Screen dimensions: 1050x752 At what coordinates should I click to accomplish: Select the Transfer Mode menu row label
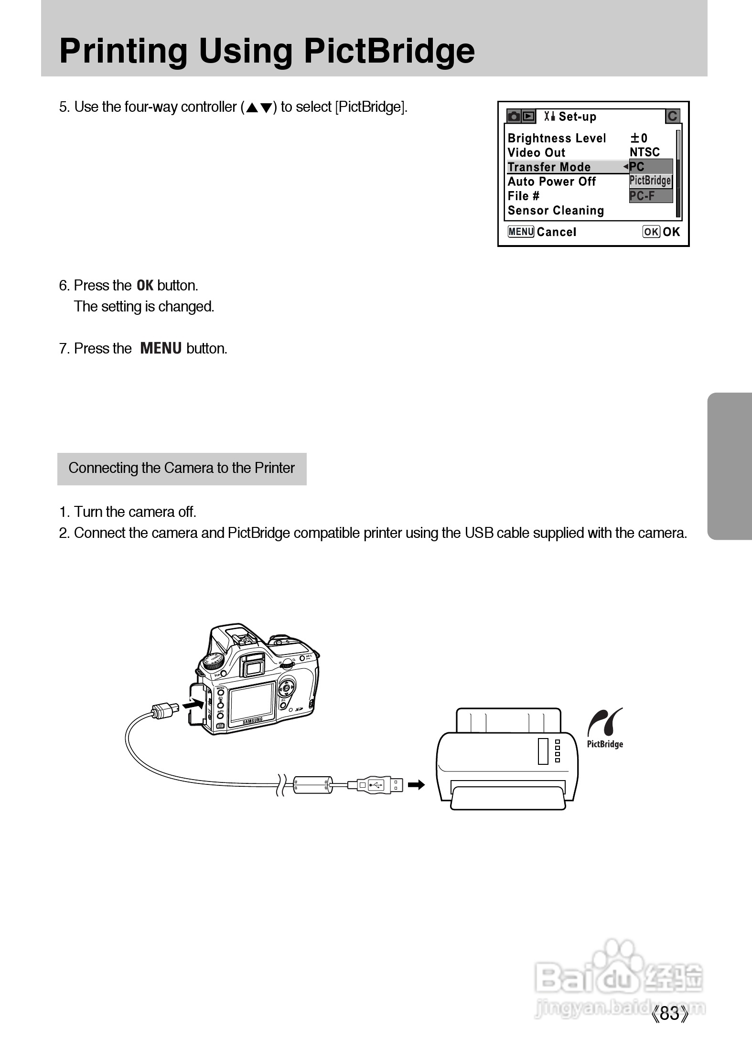click(549, 167)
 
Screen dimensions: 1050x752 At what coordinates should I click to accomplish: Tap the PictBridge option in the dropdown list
click(650, 181)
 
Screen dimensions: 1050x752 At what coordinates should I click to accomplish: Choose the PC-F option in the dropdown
click(643, 196)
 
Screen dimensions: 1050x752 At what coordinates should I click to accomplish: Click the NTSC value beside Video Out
click(645, 152)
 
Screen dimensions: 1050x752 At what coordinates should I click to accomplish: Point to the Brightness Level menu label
click(557, 138)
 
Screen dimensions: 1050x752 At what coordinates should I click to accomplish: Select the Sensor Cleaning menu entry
click(556, 211)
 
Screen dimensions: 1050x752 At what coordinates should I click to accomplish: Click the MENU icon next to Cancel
click(520, 232)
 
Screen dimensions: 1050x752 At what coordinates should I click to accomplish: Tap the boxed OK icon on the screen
click(651, 232)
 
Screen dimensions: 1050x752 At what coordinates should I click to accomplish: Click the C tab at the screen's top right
click(672, 116)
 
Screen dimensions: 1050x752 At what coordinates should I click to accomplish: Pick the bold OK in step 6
click(145, 286)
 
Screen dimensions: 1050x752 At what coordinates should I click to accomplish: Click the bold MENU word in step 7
click(161, 348)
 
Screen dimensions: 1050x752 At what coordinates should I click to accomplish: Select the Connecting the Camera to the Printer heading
click(182, 468)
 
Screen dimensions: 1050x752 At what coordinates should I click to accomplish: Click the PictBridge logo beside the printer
click(605, 728)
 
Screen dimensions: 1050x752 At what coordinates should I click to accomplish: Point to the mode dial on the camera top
click(214, 661)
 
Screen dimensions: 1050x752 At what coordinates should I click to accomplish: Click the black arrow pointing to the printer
click(416, 785)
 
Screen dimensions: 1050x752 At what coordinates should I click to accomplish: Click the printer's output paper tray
click(507, 799)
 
